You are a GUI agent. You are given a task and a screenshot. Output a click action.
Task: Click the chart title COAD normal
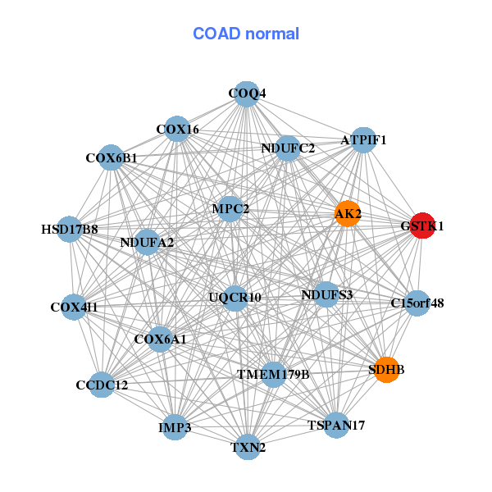coord(246,34)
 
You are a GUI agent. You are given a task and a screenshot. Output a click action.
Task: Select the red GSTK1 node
coord(421,225)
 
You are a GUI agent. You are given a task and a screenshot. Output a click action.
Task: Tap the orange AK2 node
coord(348,214)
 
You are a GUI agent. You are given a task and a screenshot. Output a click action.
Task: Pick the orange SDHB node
coord(385,370)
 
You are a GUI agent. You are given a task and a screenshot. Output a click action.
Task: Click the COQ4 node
coord(247,93)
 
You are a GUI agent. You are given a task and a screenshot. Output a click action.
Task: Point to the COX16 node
coord(177,129)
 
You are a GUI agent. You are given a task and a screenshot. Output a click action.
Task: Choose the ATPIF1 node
coord(363,140)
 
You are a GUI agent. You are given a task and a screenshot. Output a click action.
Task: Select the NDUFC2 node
coord(288,148)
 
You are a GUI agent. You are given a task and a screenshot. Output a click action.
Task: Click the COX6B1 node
coord(112,157)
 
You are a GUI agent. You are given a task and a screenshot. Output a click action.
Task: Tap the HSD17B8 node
coord(70,229)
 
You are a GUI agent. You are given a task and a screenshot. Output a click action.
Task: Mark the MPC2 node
coord(230,209)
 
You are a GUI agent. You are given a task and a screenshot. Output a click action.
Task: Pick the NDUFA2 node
coord(147,242)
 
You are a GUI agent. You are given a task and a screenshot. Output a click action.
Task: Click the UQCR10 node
coord(235,297)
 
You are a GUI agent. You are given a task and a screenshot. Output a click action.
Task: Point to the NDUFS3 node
coord(326,294)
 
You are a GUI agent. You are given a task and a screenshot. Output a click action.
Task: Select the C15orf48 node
coord(417,303)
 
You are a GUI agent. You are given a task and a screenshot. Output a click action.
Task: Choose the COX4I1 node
coord(74,307)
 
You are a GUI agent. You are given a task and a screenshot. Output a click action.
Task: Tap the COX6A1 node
coord(160,339)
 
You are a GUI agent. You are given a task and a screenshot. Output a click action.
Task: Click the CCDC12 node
coord(102,385)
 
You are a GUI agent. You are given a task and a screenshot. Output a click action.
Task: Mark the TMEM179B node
coord(273,375)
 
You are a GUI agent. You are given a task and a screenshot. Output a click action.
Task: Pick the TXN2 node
coord(248,448)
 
